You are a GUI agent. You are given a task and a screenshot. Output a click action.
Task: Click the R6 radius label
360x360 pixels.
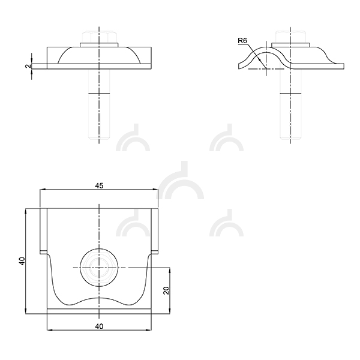[242, 41]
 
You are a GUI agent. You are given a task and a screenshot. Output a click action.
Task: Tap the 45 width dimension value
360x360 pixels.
[99, 186]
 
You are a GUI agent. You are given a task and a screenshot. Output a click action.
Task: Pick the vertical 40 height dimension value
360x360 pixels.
[22, 261]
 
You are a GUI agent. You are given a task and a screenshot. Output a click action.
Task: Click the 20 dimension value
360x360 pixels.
[166, 290]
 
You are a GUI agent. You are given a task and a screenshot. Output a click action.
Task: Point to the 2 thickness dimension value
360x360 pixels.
[28, 66]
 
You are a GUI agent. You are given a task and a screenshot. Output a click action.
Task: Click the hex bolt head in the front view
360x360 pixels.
[99, 37]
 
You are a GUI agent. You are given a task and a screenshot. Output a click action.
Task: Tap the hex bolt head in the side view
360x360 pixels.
[290, 37]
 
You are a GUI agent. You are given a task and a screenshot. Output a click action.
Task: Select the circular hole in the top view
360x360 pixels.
[99, 268]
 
